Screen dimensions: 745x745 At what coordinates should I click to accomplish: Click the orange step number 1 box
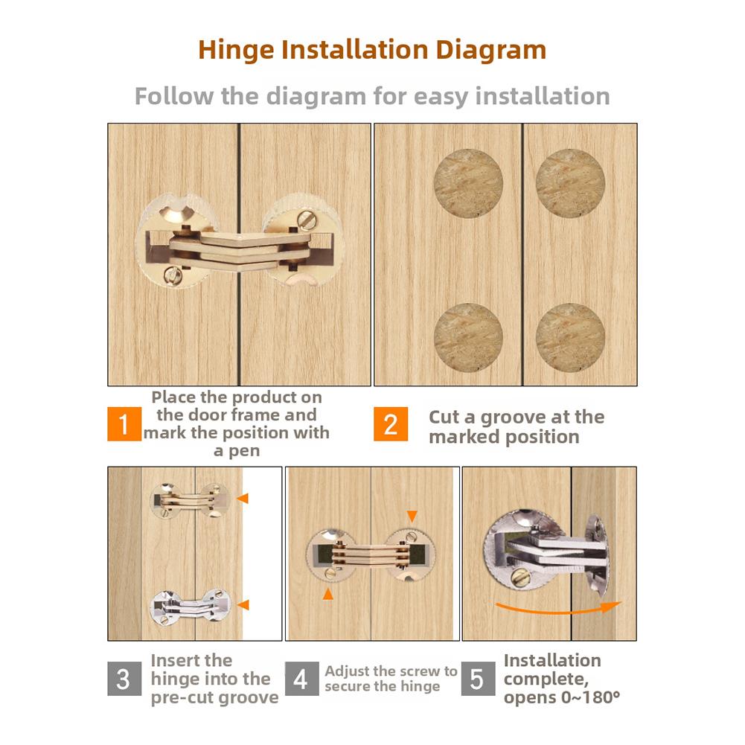tap(124, 423)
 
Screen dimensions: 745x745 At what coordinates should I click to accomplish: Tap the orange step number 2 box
tap(391, 423)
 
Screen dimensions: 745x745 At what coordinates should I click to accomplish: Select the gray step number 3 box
tap(124, 679)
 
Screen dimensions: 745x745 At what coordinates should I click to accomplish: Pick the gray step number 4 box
tap(301, 679)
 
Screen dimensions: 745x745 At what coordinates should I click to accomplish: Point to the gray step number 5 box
tap(478, 679)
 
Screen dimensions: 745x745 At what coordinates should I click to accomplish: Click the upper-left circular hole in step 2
tap(468, 183)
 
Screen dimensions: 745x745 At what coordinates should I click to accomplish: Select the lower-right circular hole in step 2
tap(570, 337)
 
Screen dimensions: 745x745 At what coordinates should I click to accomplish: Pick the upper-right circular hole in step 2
tap(570, 183)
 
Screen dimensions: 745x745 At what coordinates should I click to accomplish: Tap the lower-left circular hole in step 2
tap(468, 337)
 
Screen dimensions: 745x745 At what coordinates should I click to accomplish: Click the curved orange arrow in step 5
tap(558, 610)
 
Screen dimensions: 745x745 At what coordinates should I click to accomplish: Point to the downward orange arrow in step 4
tap(412, 517)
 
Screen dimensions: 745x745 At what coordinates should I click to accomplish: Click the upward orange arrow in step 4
tap(327, 594)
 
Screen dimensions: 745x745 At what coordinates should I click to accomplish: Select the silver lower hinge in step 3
tap(191, 607)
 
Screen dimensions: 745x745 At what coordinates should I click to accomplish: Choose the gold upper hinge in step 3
tap(191, 500)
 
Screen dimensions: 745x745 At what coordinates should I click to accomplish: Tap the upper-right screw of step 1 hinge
tap(304, 220)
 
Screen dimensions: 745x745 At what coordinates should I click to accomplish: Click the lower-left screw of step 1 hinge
tap(173, 275)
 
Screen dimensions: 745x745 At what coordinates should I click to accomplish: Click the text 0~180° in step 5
tap(591, 697)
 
